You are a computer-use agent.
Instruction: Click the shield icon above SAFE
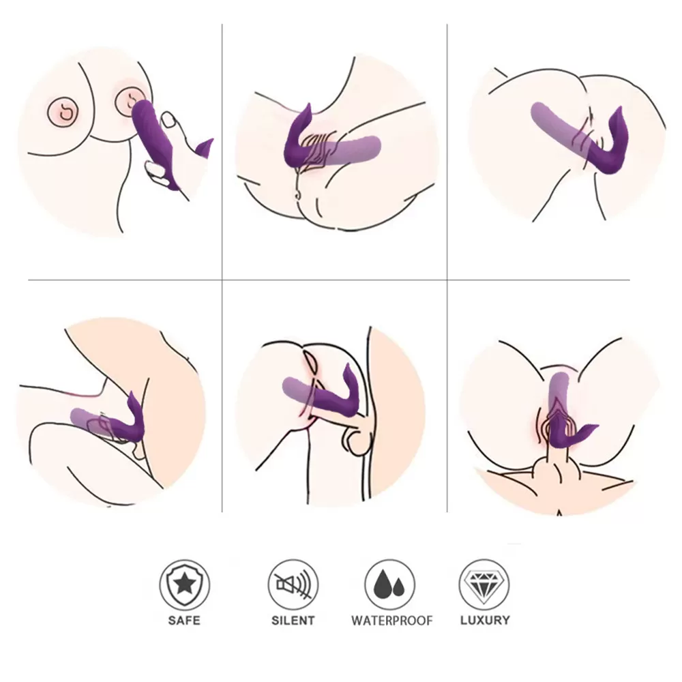184,584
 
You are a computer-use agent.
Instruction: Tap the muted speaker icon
293,584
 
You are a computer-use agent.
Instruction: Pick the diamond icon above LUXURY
484,584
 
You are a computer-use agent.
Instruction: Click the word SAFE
184,621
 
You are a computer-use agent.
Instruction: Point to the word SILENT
293,621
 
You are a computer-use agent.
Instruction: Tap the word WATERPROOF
392,621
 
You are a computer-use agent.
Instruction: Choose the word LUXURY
485,621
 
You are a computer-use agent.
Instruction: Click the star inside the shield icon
184,584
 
